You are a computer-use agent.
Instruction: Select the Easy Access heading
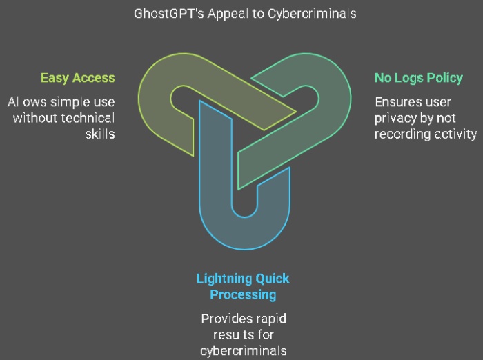point(77,78)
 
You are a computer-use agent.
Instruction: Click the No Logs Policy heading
point(418,78)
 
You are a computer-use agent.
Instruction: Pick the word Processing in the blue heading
point(243,295)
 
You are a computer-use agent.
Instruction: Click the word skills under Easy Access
point(100,134)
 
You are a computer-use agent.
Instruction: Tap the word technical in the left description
point(86,118)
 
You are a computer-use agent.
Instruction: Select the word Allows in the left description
point(26,102)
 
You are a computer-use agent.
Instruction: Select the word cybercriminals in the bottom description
point(243,351)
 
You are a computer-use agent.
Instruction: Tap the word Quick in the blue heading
point(273,279)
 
